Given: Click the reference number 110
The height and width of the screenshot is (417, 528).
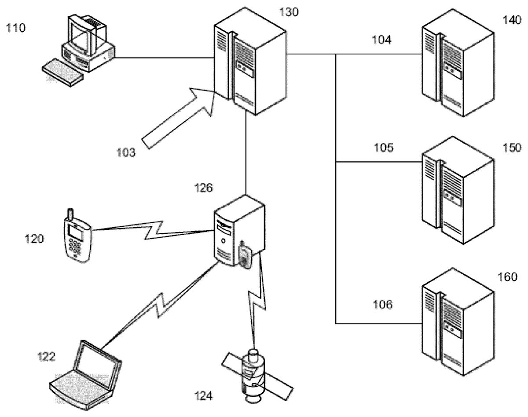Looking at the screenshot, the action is pos(16,28).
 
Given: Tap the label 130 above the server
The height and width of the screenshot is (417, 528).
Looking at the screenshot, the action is pos(289,12).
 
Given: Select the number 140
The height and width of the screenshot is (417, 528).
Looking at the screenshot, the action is pos(512,20).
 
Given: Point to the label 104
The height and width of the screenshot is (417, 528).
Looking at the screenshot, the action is pos(381,40).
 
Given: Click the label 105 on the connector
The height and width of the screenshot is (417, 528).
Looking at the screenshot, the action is pos(384,148).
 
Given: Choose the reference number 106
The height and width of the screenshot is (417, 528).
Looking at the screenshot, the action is pos(382,305).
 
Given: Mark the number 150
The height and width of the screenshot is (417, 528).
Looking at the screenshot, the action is pos(512,148).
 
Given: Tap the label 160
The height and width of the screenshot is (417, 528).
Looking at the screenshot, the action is pos(507,277).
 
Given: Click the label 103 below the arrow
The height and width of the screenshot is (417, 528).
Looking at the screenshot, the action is pos(126,152).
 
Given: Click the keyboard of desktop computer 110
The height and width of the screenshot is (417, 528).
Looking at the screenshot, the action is pos(63,73).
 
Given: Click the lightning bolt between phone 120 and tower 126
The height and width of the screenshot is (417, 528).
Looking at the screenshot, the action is pos(154,230).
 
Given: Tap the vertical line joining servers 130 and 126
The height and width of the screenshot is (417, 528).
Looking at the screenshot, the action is pos(246,152).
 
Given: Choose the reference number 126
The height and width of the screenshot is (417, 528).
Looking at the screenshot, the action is pos(203,188).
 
